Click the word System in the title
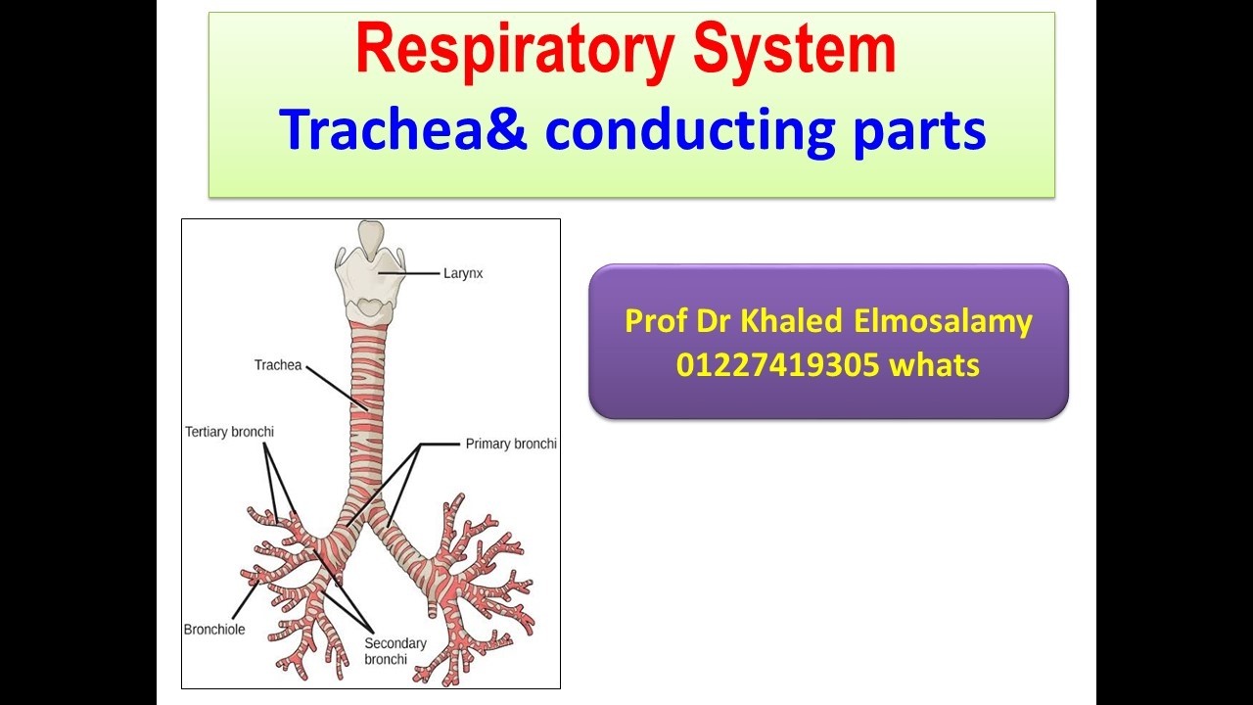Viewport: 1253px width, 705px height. tap(794, 49)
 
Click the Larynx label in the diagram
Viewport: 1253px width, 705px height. tap(463, 273)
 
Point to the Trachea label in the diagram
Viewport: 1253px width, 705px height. tap(278, 365)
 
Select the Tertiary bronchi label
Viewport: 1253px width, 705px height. tap(229, 432)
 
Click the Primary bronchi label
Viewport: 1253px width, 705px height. tap(511, 444)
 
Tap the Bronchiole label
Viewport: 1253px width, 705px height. tap(214, 630)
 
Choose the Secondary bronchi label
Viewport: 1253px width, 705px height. tap(394, 651)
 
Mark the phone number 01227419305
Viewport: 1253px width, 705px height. tap(777, 365)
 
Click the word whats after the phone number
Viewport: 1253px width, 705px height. tap(935, 365)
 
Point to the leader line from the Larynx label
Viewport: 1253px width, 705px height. tap(409, 273)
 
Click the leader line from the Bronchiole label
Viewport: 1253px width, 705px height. tap(245, 600)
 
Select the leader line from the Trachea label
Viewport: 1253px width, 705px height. tap(337, 389)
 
